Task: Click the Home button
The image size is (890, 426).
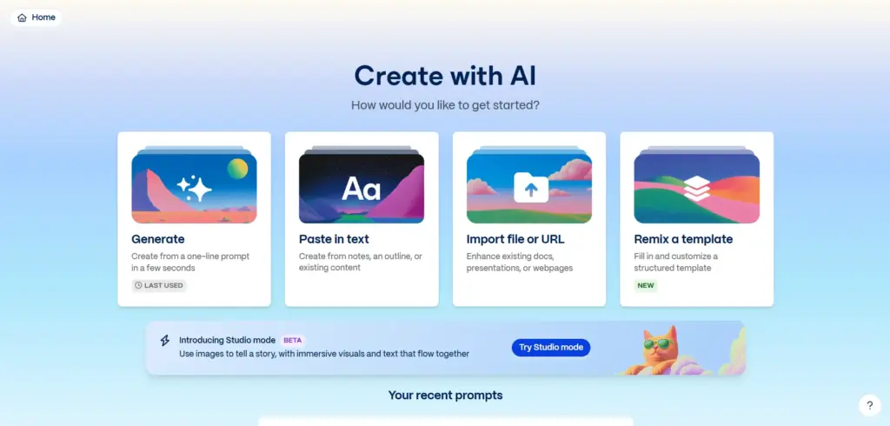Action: pyautogui.click(x=37, y=17)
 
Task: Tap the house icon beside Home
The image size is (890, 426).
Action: pyautogui.click(x=22, y=17)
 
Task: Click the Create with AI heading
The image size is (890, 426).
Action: pyautogui.click(x=445, y=76)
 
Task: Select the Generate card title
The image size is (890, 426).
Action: pyautogui.click(x=158, y=239)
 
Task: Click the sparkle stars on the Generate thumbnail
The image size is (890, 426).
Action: pyautogui.click(x=194, y=188)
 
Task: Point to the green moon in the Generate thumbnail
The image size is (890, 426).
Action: pyautogui.click(x=238, y=169)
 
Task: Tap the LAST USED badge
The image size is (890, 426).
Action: pyautogui.click(x=159, y=285)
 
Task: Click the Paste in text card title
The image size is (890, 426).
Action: pyautogui.click(x=334, y=239)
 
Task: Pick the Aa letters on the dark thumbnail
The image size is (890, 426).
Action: pyautogui.click(x=361, y=189)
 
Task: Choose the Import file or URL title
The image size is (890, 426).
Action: pyautogui.click(x=515, y=239)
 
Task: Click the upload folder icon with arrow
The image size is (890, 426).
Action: pyautogui.click(x=531, y=188)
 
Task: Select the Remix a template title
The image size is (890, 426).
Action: pyautogui.click(x=683, y=239)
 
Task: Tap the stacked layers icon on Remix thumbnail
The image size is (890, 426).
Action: pyautogui.click(x=697, y=188)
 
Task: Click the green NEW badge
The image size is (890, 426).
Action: pyautogui.click(x=646, y=285)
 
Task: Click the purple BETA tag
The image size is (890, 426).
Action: pyautogui.click(x=292, y=340)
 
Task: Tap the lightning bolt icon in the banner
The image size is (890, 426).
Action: pyautogui.click(x=164, y=340)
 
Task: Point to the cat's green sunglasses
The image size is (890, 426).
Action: pyautogui.click(x=658, y=343)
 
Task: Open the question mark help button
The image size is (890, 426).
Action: pyautogui.click(x=869, y=405)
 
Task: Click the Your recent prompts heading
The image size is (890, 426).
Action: pyautogui.click(x=446, y=395)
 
